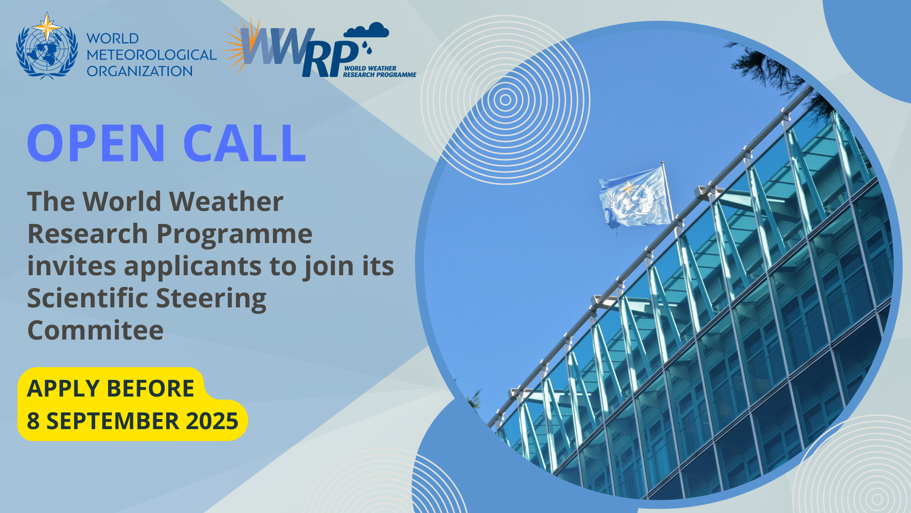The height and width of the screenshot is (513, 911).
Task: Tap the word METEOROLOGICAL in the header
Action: tap(151, 55)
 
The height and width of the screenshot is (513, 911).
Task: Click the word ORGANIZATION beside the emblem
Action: tap(139, 71)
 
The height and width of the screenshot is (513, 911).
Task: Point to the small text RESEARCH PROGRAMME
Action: tap(379, 75)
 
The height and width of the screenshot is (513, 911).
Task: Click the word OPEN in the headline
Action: tap(96, 143)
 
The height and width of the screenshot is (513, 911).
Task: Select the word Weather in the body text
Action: tap(226, 202)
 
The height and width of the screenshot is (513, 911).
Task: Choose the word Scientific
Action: tap(88, 298)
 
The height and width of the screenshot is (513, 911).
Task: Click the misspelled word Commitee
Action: tap(96, 330)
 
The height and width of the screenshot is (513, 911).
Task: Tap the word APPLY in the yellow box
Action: tap(64, 388)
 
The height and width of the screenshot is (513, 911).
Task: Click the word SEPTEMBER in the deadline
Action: tap(113, 421)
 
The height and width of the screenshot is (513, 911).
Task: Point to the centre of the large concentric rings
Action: tap(505, 100)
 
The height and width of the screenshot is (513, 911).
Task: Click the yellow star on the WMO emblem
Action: tap(47, 26)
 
